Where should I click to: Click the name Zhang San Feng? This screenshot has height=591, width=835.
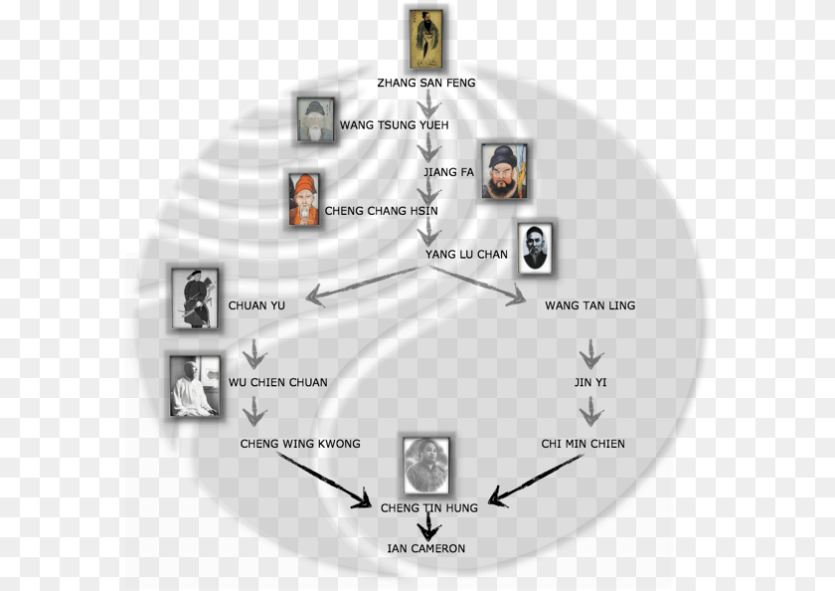[426, 83]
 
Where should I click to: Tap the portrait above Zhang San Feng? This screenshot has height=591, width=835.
[426, 40]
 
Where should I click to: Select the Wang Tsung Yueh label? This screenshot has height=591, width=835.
[394, 125]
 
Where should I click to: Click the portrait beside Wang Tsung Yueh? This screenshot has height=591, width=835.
[316, 120]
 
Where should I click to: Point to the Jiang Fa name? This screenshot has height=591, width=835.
[448, 172]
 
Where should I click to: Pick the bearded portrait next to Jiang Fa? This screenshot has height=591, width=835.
[504, 171]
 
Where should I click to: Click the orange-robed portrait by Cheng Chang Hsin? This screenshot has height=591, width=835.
[304, 199]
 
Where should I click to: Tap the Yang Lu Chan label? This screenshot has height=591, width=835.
[466, 255]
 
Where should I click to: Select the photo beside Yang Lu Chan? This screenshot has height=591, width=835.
[535, 249]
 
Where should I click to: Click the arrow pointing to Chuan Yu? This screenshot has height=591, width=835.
[362, 287]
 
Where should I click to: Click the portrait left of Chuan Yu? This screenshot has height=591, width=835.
[195, 298]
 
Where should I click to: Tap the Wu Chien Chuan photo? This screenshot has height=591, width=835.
[195, 386]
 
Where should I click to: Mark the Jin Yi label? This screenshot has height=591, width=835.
[590, 382]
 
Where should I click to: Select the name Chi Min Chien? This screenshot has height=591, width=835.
[584, 444]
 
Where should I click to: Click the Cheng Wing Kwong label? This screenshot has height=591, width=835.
[300, 444]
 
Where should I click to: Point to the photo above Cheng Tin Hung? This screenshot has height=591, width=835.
[426, 466]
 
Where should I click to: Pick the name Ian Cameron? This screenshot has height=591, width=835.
[426, 548]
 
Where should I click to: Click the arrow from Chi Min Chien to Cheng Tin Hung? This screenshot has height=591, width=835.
[535, 481]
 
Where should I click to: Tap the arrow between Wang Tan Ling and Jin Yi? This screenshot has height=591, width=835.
[591, 354]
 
